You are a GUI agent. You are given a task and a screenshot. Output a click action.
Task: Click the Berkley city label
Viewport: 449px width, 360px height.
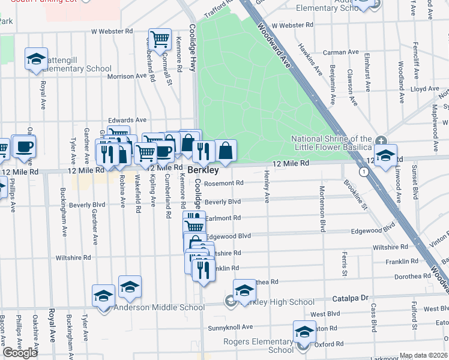[x=202, y=170]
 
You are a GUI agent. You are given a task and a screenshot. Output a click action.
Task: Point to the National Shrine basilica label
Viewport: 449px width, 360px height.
[x=331, y=143]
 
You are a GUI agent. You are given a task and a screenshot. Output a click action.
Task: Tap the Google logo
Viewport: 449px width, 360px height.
[x=20, y=353]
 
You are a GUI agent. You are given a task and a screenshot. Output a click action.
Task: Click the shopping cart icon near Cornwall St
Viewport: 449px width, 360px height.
[x=160, y=40]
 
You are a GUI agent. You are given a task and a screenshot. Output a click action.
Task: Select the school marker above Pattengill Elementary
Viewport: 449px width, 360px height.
[x=36, y=59]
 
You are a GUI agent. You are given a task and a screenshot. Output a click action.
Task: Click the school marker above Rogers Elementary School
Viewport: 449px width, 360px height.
[x=304, y=332]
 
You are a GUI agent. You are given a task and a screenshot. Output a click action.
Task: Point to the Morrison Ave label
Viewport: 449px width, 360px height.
[x=127, y=76]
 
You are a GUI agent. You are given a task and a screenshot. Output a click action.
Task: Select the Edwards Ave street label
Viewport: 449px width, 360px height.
[x=127, y=120]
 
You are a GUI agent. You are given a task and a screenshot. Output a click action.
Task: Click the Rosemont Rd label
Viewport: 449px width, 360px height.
[x=223, y=183]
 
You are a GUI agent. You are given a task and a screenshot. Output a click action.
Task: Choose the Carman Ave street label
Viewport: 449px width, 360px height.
[x=340, y=52]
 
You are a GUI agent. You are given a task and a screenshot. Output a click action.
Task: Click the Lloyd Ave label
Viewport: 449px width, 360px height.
[x=425, y=89]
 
